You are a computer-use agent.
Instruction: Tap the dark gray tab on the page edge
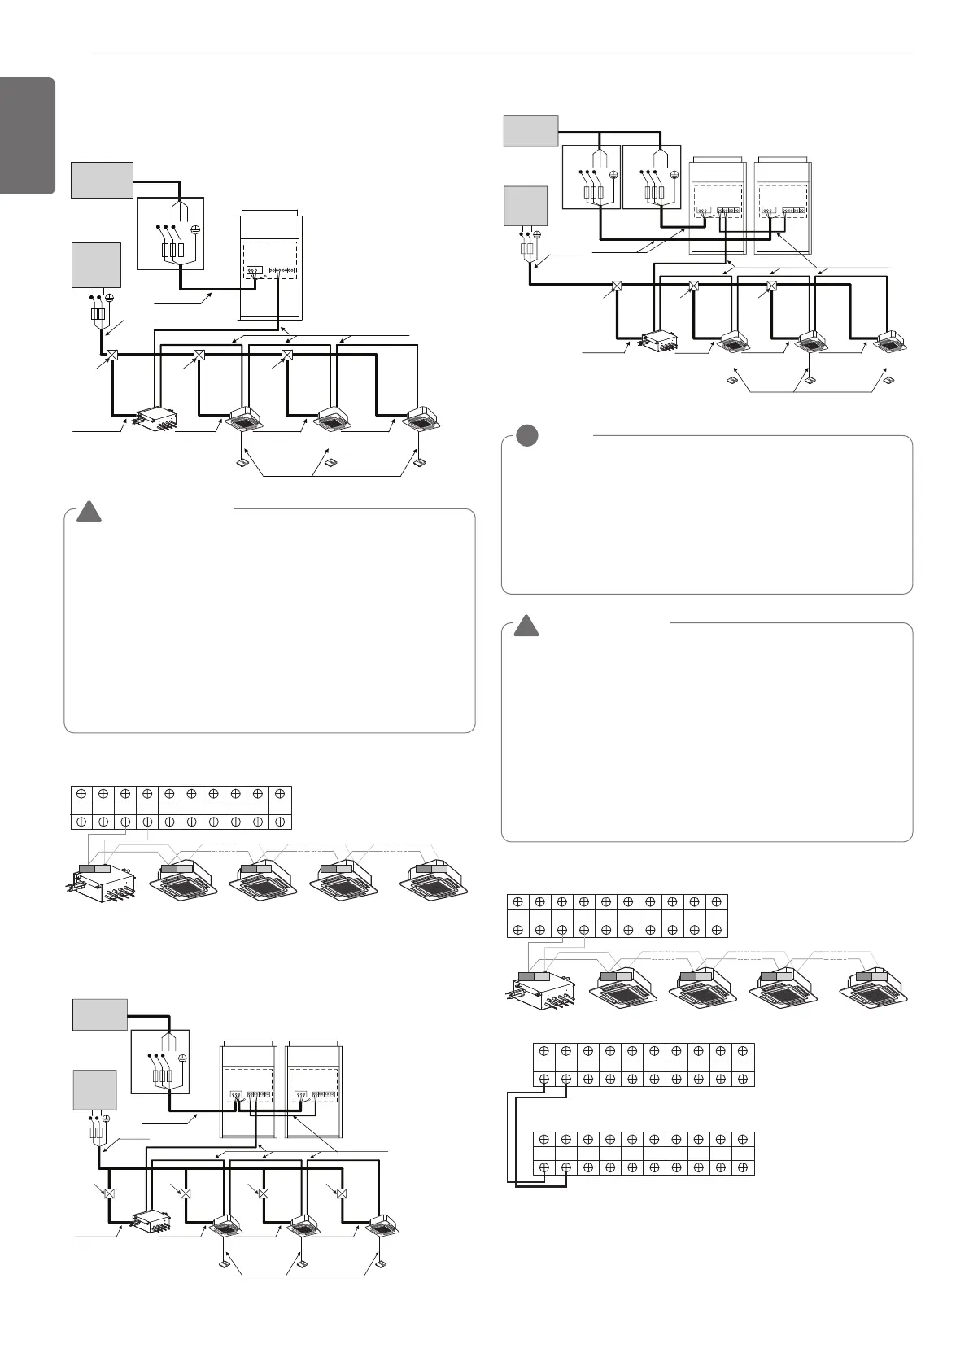(x=27, y=136)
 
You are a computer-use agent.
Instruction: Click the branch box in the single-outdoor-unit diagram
(x=154, y=418)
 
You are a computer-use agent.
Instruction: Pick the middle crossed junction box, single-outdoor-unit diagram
(x=199, y=356)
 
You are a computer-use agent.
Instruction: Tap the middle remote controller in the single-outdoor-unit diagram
(x=330, y=464)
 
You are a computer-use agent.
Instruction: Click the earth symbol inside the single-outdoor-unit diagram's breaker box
(x=194, y=229)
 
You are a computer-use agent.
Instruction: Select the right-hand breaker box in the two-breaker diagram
(x=651, y=177)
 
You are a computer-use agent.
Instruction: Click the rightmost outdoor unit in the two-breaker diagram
(x=783, y=205)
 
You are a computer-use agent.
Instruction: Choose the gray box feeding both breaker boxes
(x=530, y=130)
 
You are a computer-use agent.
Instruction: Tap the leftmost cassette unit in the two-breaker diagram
(x=731, y=342)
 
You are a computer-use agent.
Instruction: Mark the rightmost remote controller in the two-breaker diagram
(x=888, y=380)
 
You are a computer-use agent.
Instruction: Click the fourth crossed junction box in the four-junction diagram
(x=342, y=1193)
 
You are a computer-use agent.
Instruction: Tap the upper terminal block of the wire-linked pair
(x=644, y=1064)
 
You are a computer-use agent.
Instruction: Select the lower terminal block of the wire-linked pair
(x=644, y=1153)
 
